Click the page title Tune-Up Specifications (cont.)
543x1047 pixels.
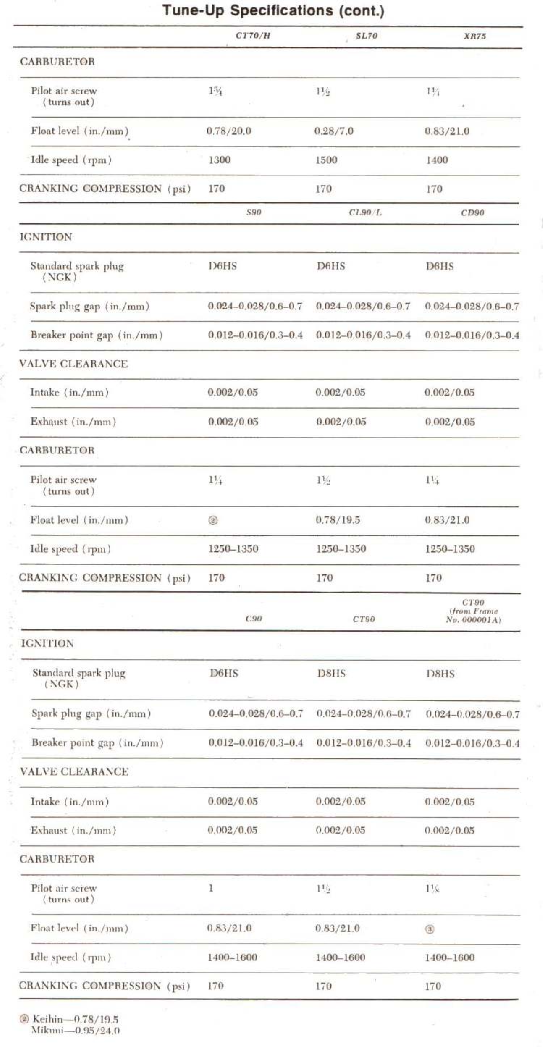[273, 11]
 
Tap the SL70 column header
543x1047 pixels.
[366, 35]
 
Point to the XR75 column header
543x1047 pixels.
[474, 35]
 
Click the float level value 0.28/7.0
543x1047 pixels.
[334, 131]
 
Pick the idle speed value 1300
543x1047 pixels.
[219, 160]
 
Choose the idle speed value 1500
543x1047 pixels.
[327, 160]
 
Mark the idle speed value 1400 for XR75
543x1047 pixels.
[437, 160]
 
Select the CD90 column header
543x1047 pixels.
[472, 213]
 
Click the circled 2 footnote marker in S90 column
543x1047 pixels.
[213, 520]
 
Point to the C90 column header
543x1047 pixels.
[253, 619]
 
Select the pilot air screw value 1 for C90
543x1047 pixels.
[211, 888]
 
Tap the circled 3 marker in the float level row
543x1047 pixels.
[429, 929]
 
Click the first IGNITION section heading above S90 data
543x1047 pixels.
[46, 237]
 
